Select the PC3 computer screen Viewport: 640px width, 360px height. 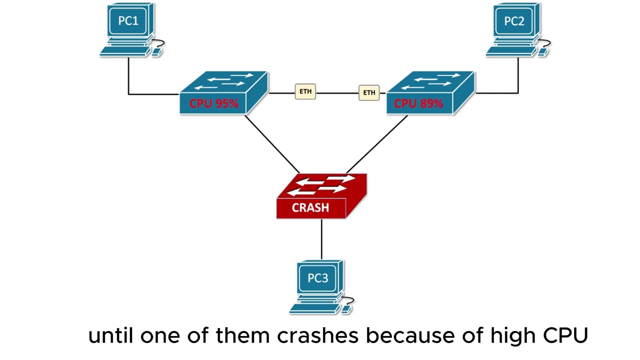click(x=318, y=278)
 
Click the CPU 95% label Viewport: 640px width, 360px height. click(x=214, y=103)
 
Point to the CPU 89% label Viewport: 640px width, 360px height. click(x=418, y=103)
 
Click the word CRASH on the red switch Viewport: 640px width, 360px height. click(x=310, y=207)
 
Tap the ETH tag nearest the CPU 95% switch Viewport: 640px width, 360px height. click(x=305, y=91)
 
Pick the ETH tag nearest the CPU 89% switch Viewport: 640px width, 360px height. click(x=369, y=92)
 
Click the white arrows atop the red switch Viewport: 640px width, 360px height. click(x=321, y=185)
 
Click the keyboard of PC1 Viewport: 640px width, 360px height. click(x=125, y=51)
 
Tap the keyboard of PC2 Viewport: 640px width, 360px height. click(x=511, y=51)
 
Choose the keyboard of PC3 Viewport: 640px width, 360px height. click(x=314, y=308)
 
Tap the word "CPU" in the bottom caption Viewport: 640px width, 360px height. click(x=565, y=335)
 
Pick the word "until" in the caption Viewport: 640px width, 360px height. click(x=111, y=335)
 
